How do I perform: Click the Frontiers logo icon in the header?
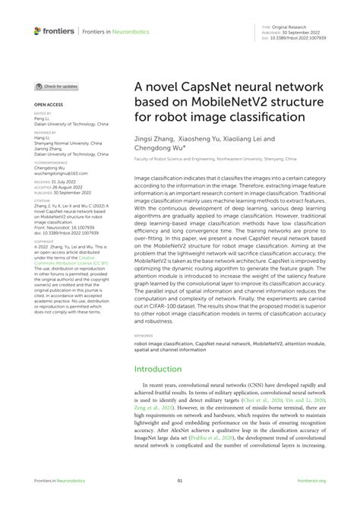(x=39, y=31)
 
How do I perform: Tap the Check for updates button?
(x=56, y=87)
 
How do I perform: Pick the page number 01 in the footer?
(x=180, y=481)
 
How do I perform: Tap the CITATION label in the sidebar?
(x=43, y=201)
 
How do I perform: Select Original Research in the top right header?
(x=298, y=27)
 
